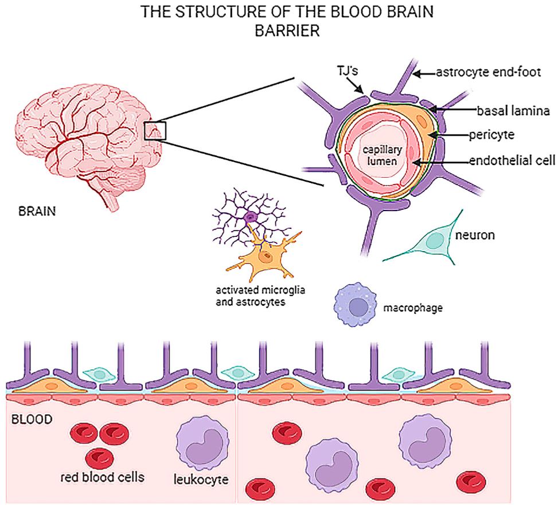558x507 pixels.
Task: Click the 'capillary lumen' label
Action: pyautogui.click(x=382, y=155)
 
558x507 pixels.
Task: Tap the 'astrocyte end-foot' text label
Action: pyautogui.click(x=488, y=72)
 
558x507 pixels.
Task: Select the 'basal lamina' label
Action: pyautogui.click(x=513, y=111)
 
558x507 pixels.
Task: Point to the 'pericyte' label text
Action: pyautogui.click(x=491, y=135)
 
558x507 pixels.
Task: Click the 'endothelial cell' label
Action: pyautogui.click(x=512, y=161)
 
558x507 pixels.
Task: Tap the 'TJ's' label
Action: pyautogui.click(x=348, y=71)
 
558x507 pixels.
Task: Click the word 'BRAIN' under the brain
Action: pyautogui.click(x=37, y=212)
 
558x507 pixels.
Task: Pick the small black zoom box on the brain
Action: pyautogui.click(x=155, y=131)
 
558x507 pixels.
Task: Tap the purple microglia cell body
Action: pyautogui.click(x=251, y=216)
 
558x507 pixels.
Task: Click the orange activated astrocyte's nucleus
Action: pyautogui.click(x=265, y=256)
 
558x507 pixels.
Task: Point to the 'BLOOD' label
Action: pyautogui.click(x=32, y=419)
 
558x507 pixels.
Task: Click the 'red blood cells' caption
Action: pyautogui.click(x=103, y=477)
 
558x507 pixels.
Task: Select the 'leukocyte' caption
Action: pyautogui.click(x=201, y=479)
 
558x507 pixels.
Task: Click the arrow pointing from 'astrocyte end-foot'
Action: pyautogui.click(x=425, y=73)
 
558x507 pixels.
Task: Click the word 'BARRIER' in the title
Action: pyautogui.click(x=287, y=30)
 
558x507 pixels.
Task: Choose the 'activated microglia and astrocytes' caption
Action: pyautogui.click(x=260, y=296)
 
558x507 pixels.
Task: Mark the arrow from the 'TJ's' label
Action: pyautogui.click(x=355, y=85)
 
